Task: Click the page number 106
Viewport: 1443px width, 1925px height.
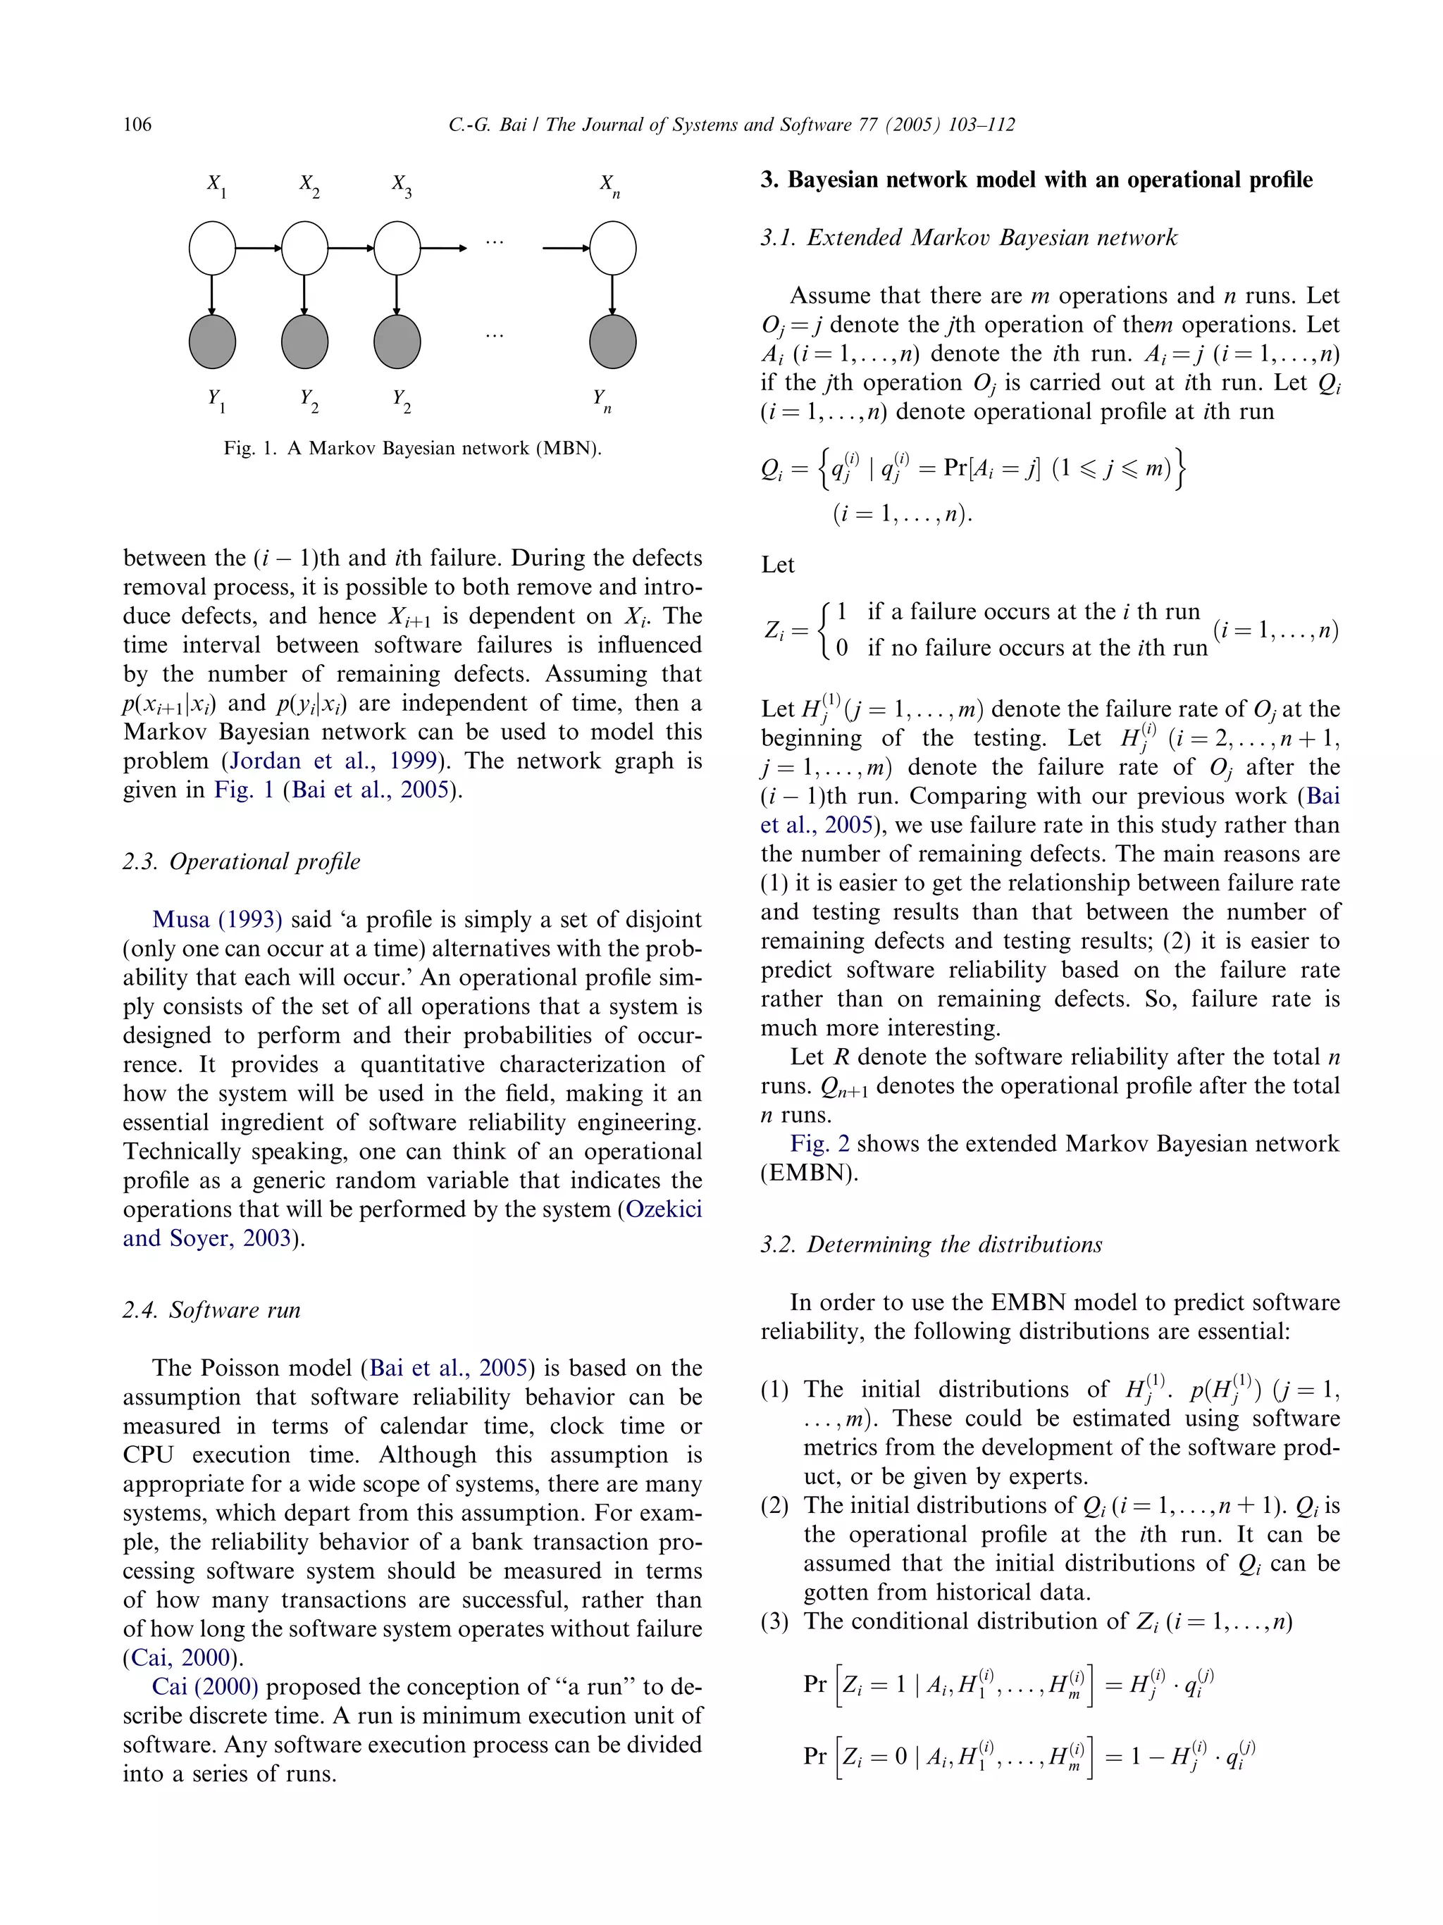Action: tap(137, 125)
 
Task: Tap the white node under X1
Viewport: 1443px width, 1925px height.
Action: tap(212, 248)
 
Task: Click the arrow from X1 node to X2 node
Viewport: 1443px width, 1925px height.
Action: tap(259, 248)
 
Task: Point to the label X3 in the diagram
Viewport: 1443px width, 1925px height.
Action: tap(401, 185)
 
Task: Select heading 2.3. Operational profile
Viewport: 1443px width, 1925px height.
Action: tap(241, 861)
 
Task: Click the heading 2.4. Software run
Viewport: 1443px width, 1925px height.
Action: tap(211, 1309)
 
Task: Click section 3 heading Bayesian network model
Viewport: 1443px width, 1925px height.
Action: tap(1036, 180)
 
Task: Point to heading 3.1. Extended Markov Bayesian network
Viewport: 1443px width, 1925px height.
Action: tap(968, 237)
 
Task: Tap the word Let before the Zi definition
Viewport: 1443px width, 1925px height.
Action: tap(777, 565)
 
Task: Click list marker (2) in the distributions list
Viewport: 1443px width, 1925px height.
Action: tap(774, 1505)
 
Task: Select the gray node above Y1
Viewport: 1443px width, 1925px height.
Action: tap(212, 341)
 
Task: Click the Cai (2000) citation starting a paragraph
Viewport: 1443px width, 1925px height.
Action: tap(204, 1686)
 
